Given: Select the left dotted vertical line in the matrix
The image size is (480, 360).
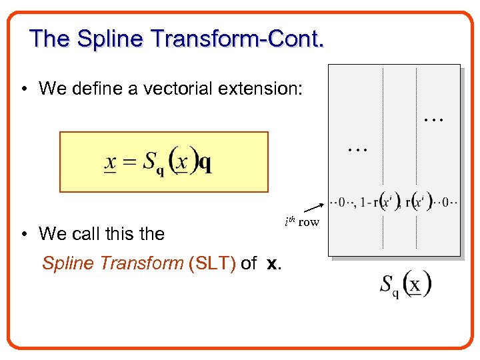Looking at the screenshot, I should pos(383,157).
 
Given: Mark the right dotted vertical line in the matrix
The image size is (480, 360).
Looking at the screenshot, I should pos(416,157).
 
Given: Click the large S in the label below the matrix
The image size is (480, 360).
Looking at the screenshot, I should pos(387,285).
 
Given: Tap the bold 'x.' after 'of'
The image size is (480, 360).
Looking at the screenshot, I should pos(273,263).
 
